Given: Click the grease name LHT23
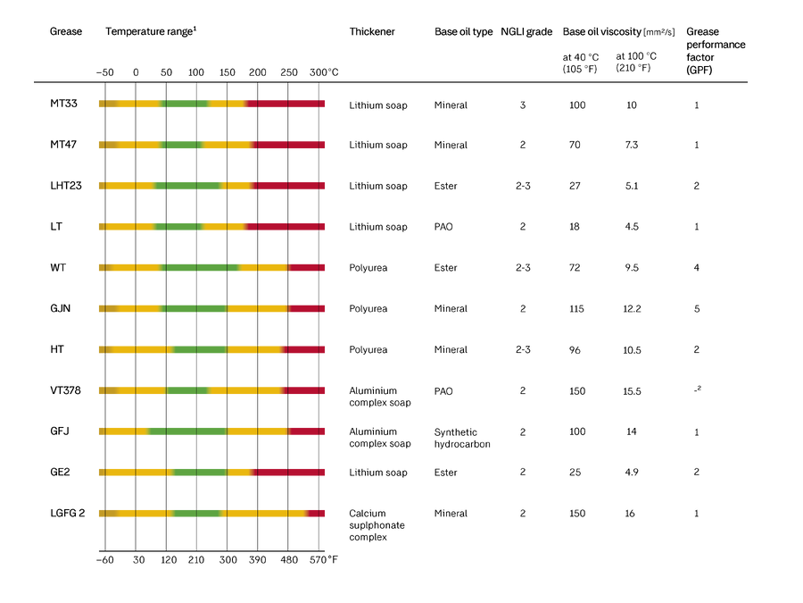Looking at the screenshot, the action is coord(65,186).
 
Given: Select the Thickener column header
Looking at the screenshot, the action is coord(372,32).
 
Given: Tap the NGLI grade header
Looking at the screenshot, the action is coord(526,32).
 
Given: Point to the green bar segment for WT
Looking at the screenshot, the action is coord(200,268).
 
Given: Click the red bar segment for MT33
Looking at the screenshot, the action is coord(286,105).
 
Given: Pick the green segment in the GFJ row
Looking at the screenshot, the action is coord(188,431).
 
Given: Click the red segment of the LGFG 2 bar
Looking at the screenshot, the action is coord(316,514).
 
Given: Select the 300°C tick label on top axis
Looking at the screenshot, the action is coord(324,72).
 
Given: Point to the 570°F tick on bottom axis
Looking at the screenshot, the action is coord(323,560).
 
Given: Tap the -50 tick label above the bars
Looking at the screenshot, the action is coord(105,72).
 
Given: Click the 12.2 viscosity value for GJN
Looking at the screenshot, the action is coord(632,309).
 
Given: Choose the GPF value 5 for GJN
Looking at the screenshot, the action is coord(697,309).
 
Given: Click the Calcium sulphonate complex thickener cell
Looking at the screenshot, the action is coord(377,525).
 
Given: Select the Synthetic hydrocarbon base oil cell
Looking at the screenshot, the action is coord(462,438).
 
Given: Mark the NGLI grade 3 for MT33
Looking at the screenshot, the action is coord(522,105).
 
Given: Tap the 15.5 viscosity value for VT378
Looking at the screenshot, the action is coord(632,391).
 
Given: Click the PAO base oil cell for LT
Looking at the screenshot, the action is coord(443,227).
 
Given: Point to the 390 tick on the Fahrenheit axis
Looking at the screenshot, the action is coord(258,560).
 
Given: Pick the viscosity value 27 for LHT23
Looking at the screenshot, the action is coord(575,186).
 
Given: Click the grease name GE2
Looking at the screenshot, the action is coord(60,472).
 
